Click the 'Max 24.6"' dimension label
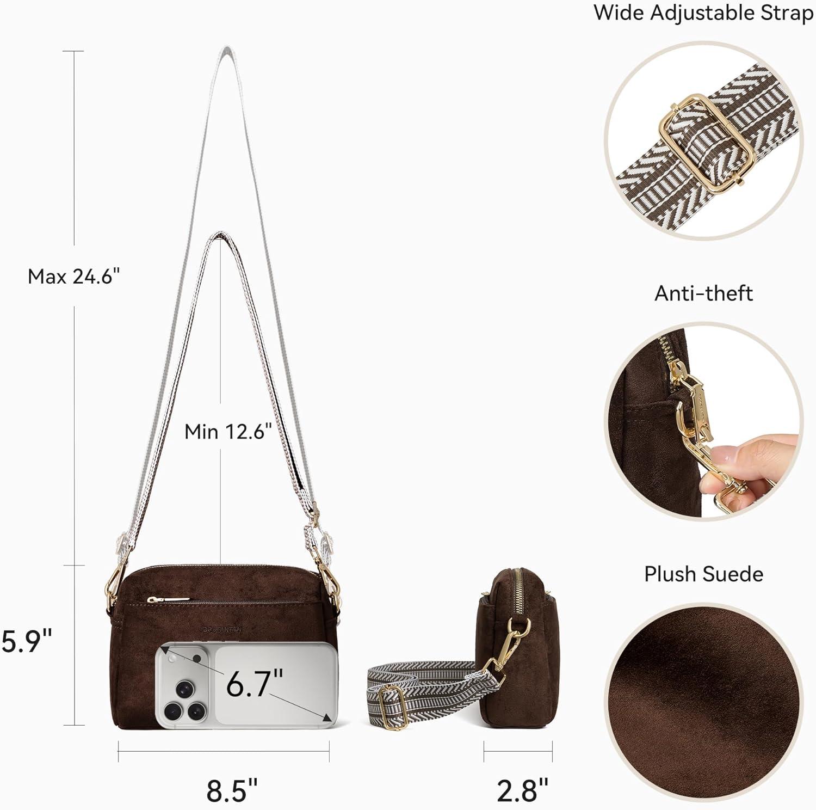tap(73, 277)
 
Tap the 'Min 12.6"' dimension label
tap(228, 431)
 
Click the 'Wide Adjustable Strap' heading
tap(704, 13)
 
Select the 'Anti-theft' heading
tap(703, 293)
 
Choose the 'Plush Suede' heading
tap(703, 574)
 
